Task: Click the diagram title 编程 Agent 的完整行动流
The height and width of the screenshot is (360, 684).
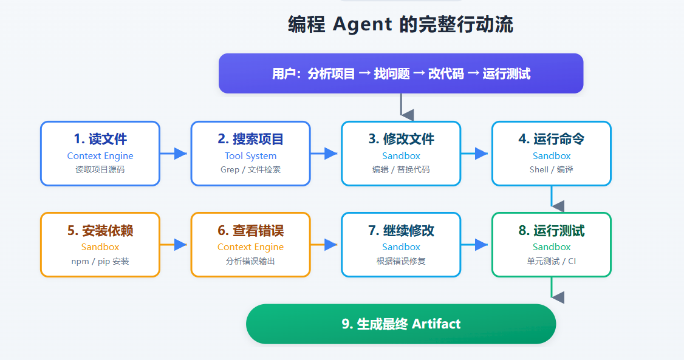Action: [400, 24]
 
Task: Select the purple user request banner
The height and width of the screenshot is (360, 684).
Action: [401, 73]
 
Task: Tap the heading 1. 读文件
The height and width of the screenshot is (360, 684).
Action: [100, 139]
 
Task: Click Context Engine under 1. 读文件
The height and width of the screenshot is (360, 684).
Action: [100, 155]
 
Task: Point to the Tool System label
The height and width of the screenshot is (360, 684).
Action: [250, 155]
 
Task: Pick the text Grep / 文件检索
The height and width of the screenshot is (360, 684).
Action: [250, 169]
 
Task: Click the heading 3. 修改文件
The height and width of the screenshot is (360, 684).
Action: [401, 139]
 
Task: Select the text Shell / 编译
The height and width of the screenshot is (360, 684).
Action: [552, 169]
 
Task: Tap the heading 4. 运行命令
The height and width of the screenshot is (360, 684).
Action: [552, 139]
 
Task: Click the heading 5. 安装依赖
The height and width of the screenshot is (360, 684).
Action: [100, 231]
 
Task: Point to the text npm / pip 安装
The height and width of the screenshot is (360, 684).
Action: [100, 261]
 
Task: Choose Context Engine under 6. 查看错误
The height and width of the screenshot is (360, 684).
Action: [250, 246]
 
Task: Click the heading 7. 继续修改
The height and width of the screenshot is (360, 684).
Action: [401, 231]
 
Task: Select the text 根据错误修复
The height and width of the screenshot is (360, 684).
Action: [401, 261]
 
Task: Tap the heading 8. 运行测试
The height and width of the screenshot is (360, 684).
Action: [552, 231]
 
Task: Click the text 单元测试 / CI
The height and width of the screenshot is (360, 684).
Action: [552, 261]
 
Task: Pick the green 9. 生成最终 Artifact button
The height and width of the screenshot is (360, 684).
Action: [401, 324]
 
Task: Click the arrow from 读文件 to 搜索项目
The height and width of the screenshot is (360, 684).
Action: [174, 154]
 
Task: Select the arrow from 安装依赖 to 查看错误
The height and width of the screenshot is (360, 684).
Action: [174, 245]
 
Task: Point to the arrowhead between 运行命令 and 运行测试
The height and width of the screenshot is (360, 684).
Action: [558, 206]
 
